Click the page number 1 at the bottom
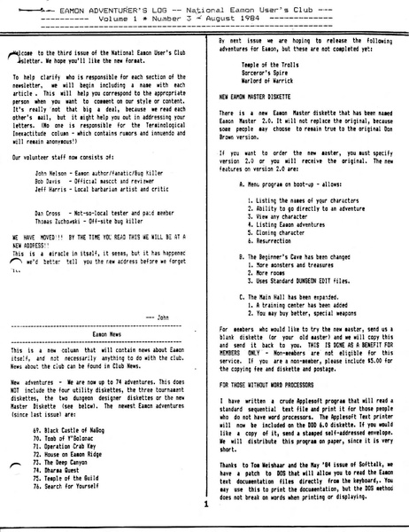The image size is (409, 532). pyautogui.click(x=204, y=505)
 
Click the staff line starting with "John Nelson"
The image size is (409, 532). pyautogui.click(x=98, y=165)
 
